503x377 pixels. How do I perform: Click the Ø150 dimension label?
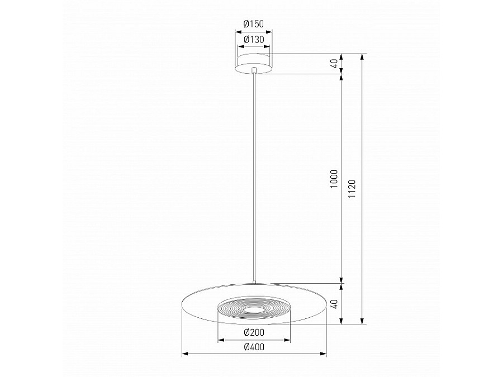(254, 25)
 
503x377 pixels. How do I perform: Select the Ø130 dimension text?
(254, 40)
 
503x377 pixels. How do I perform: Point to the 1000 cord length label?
(334, 178)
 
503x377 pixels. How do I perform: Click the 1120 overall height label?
(352, 189)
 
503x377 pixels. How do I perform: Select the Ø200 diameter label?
(254, 332)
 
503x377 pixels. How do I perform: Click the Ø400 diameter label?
(254, 347)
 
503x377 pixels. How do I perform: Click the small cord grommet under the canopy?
(254, 71)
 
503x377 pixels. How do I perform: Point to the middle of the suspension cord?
(254, 179)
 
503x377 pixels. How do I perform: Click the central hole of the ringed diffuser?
(254, 309)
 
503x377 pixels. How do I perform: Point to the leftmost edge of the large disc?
(183, 304)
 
